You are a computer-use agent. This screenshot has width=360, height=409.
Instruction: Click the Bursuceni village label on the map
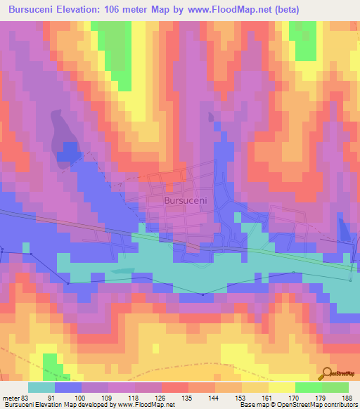[x=185, y=200]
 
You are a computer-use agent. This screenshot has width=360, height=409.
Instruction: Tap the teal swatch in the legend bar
[x=41, y=387]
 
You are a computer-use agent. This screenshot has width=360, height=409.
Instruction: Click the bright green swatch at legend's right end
[x=335, y=387]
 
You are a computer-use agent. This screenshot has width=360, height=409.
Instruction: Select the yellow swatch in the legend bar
[x=282, y=387]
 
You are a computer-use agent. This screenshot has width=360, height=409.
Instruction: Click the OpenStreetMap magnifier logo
[x=328, y=373]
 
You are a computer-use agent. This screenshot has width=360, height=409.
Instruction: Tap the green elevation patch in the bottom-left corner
[x=50, y=363]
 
